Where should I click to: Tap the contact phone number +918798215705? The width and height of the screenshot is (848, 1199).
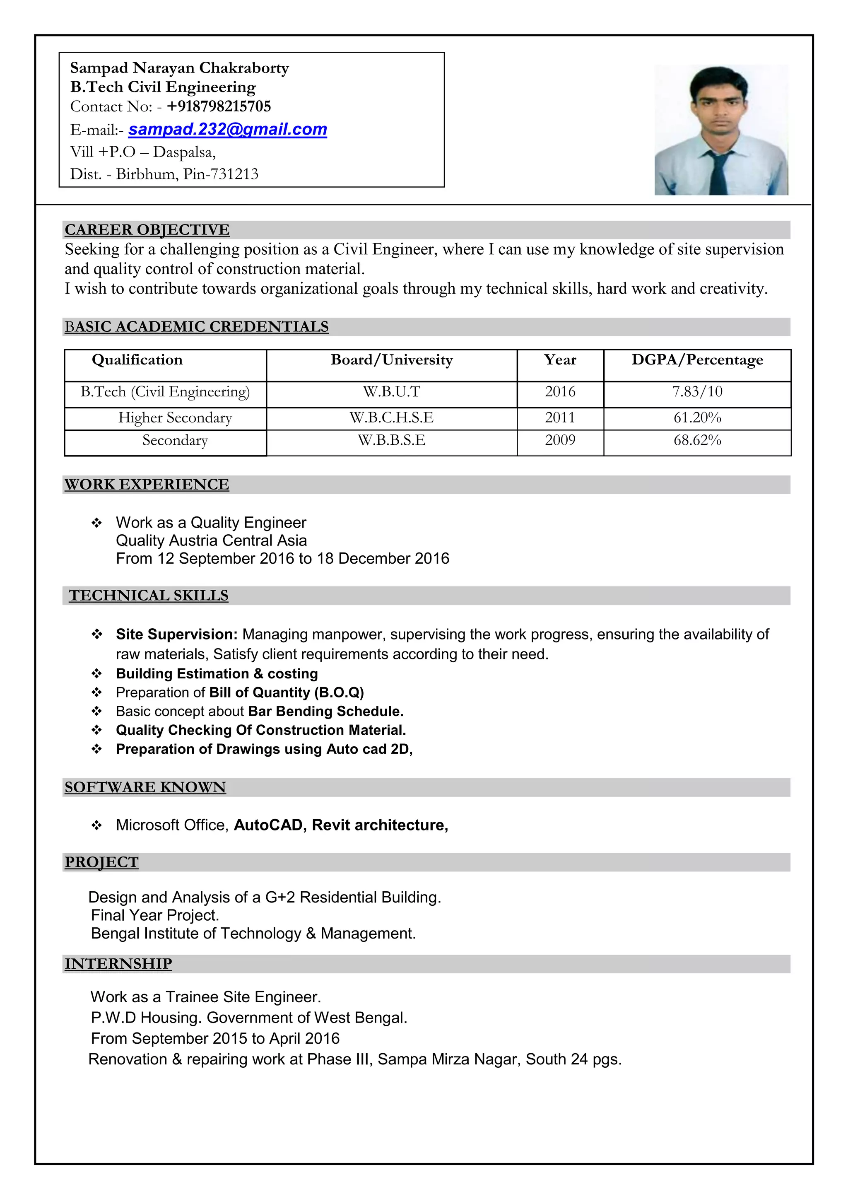click(219, 106)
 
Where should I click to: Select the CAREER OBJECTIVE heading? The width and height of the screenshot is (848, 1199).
click(147, 230)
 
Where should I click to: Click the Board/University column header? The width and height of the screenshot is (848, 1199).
click(392, 360)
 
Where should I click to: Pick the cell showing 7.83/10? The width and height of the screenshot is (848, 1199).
click(697, 392)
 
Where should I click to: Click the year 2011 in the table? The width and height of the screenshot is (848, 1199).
click(560, 418)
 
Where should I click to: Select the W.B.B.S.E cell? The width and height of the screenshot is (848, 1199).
click(392, 440)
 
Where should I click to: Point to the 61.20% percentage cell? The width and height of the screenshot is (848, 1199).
click(697, 418)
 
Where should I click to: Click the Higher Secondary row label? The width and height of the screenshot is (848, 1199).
click(175, 418)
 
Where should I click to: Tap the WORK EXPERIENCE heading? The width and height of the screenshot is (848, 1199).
click(147, 485)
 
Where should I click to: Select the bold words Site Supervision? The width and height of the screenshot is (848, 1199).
click(176, 634)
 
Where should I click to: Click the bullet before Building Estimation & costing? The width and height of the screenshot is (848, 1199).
click(96, 674)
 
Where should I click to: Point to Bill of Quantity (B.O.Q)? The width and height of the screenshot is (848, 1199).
click(286, 692)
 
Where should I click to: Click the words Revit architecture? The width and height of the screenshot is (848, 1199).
click(379, 825)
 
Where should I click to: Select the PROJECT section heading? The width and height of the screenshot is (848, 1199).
click(101, 862)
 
